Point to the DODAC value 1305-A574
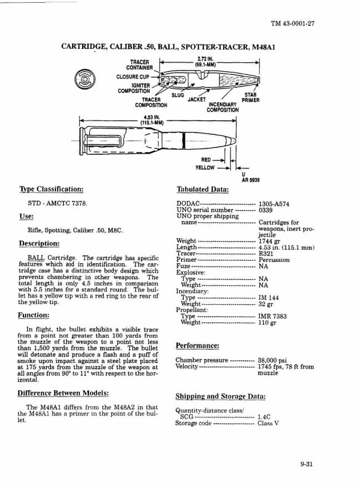point(274,204)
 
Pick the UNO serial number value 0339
point(267,210)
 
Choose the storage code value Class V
point(268,424)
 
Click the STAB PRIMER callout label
point(250,98)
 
